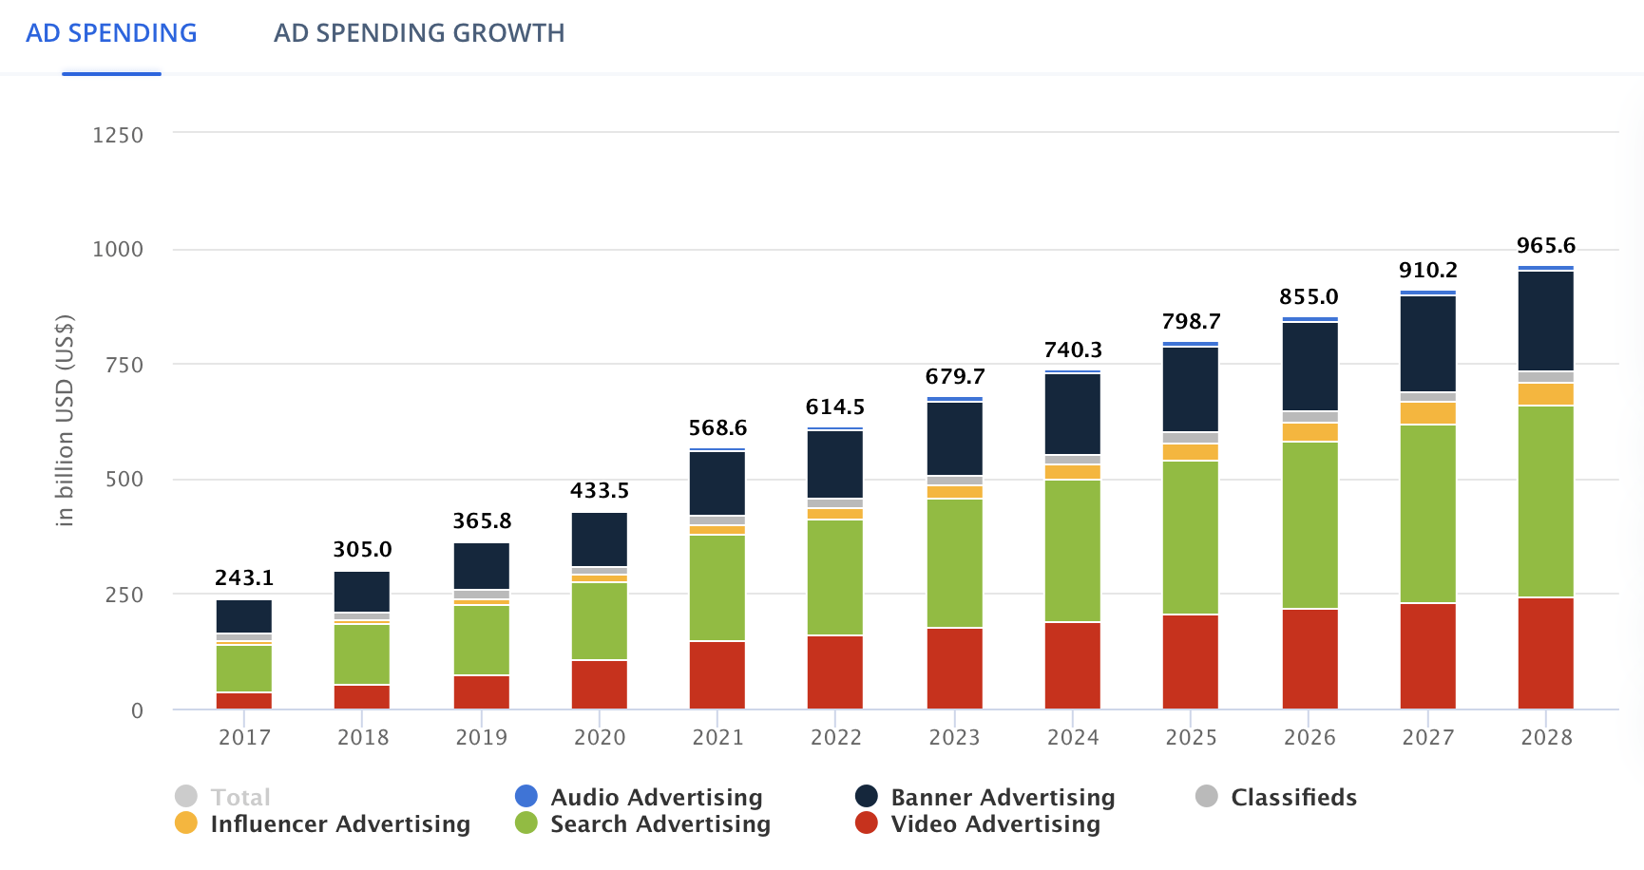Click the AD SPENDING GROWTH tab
tap(419, 33)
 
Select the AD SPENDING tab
tap(111, 33)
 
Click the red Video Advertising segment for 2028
tap(1545, 652)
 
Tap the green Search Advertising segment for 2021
tap(717, 587)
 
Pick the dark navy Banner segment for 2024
tap(1073, 413)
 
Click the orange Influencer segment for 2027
tap(1427, 413)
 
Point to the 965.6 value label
tap(1545, 246)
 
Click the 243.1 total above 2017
tap(244, 577)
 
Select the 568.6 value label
tap(717, 427)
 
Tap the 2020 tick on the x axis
tap(600, 737)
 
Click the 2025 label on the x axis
tap(1191, 737)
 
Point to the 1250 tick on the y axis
tap(118, 135)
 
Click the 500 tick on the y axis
tap(124, 480)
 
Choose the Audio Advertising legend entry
tap(656, 797)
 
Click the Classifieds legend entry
tap(1292, 797)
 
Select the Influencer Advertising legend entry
tap(339, 823)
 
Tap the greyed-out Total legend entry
tap(239, 797)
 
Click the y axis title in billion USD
tap(65, 420)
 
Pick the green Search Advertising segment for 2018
tap(362, 653)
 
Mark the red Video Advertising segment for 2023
tap(954, 668)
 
